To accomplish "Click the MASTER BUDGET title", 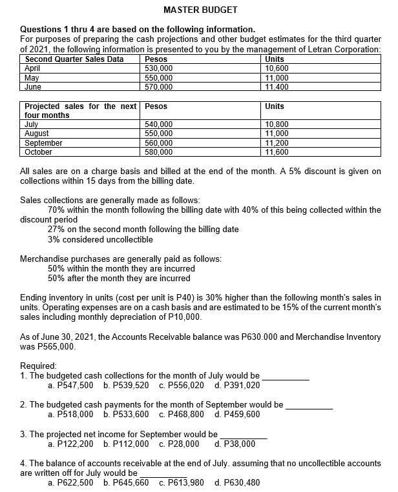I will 200,10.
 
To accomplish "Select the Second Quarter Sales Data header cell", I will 74,59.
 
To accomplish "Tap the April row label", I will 33,68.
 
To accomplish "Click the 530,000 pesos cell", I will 159,68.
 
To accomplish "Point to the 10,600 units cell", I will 277,68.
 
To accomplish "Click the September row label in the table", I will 43,143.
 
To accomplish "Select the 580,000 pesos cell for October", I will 159,152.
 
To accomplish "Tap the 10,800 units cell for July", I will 277,124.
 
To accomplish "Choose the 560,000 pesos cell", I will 159,143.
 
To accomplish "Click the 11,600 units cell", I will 277,152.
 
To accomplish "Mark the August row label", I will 36,133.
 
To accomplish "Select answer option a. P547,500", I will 72,385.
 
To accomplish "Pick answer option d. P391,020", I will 236,385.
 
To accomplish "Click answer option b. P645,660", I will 126,482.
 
